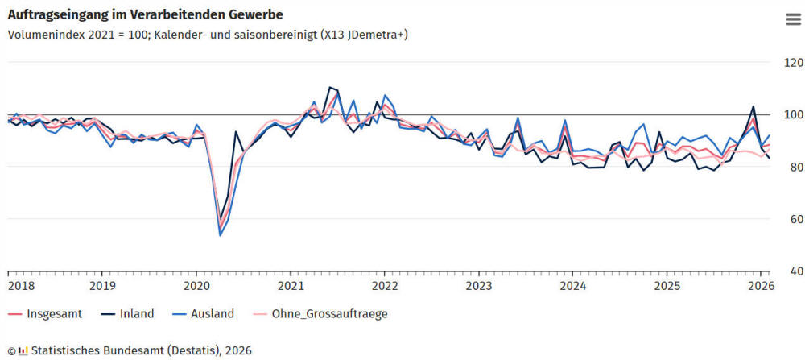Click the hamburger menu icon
[x=792, y=20]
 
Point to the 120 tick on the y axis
[x=790, y=63]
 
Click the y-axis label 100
[x=790, y=115]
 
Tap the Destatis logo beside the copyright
[x=23, y=350]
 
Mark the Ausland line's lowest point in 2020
[x=221, y=235]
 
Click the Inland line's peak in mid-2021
[x=330, y=87]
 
